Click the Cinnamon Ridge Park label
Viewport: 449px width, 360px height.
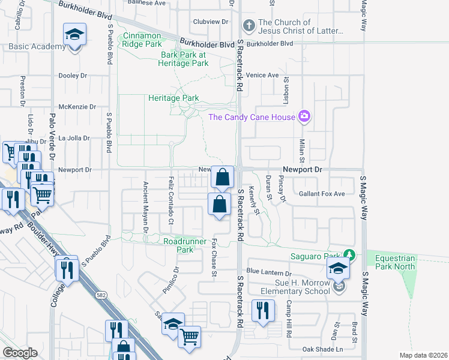[x=143, y=40]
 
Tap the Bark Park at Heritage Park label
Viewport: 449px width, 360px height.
[x=184, y=59]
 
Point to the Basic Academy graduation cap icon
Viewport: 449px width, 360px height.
[x=75, y=35]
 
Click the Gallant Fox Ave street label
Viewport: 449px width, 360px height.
[x=322, y=194]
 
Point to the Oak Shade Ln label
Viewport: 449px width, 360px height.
[x=322, y=349]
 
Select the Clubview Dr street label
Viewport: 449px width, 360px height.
[x=211, y=22]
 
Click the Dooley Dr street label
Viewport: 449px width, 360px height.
[x=73, y=76]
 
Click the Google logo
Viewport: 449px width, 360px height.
[x=20, y=353]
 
